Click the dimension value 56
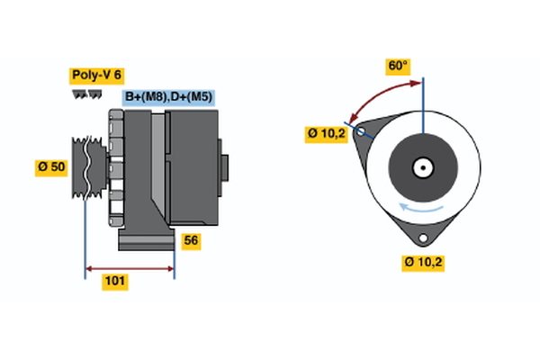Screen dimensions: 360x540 pos(191,240)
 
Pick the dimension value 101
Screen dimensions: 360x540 pos(114,282)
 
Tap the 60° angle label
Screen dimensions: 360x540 pos(398,66)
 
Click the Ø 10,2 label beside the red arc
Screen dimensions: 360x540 pos(325,134)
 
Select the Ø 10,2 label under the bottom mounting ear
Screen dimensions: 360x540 pos(425,263)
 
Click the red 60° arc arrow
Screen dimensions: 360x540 pos(378,94)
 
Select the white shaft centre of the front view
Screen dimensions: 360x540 pos(422,168)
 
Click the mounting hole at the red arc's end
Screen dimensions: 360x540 pos(362,131)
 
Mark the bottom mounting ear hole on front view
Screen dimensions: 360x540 pos(423,238)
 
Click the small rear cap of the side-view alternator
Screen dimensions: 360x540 pos(224,168)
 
